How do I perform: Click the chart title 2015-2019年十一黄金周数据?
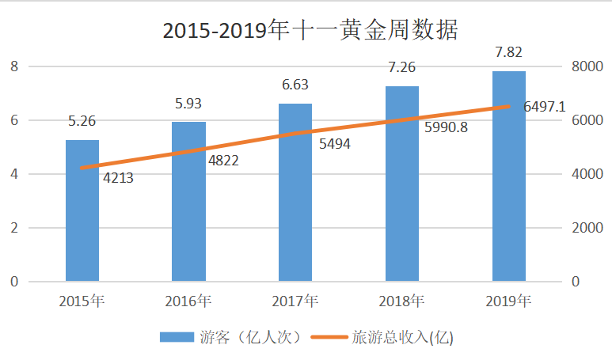310,30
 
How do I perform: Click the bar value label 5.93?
188,103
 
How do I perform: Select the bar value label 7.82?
508,52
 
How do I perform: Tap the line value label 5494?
335,144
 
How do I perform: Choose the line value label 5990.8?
442,127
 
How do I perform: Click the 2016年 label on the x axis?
188,301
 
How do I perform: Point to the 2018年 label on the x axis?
402,301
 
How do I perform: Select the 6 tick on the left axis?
13,120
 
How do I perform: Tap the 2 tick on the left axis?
13,228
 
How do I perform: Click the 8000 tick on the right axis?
587,66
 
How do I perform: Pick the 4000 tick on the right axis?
587,174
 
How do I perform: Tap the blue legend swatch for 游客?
176,337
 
